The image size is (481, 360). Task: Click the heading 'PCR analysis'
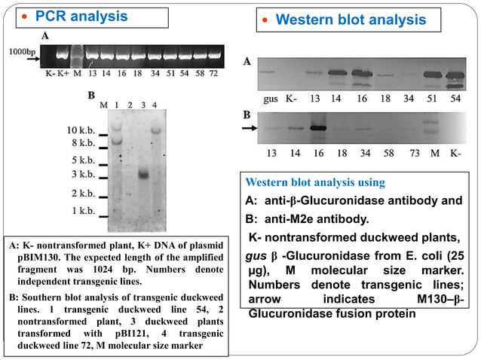click(x=82, y=15)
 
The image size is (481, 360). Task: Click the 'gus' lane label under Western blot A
click(x=271, y=99)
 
